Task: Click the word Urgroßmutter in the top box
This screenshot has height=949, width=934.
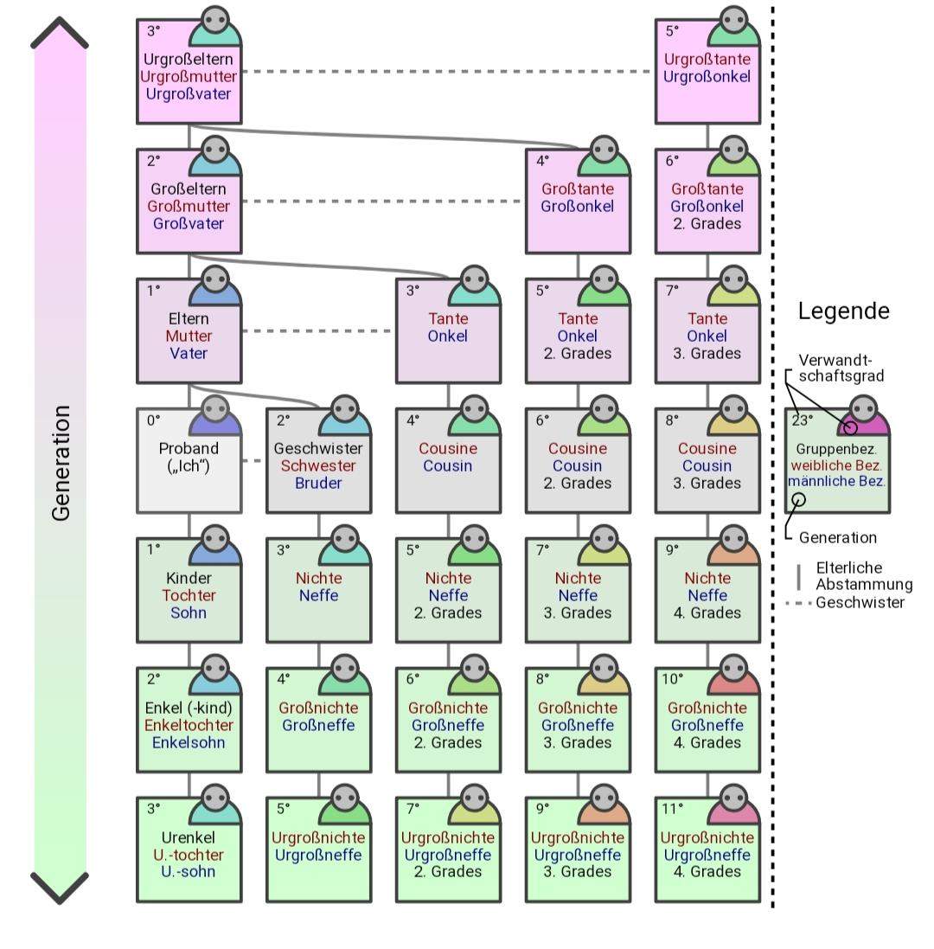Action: click(189, 77)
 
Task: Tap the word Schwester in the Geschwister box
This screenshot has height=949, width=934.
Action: click(318, 465)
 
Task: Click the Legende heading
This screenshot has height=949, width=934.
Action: click(843, 311)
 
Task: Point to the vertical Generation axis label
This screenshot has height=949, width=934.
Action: click(61, 463)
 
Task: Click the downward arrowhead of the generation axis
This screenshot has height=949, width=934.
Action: click(60, 887)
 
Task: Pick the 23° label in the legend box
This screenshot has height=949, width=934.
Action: click(802, 420)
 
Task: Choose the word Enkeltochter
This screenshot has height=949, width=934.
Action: click(189, 725)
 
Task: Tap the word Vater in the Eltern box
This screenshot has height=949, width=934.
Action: click(189, 353)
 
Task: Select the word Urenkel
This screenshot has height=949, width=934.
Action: click(189, 837)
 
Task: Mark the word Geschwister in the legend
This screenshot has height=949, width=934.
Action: click(860, 602)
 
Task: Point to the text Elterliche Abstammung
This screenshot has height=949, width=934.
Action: click(863, 576)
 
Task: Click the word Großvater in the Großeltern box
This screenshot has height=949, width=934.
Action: click(189, 223)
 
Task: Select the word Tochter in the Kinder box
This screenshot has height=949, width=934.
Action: click(189, 595)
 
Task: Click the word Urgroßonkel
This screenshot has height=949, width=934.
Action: click(707, 76)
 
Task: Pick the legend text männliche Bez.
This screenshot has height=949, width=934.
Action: click(837, 481)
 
